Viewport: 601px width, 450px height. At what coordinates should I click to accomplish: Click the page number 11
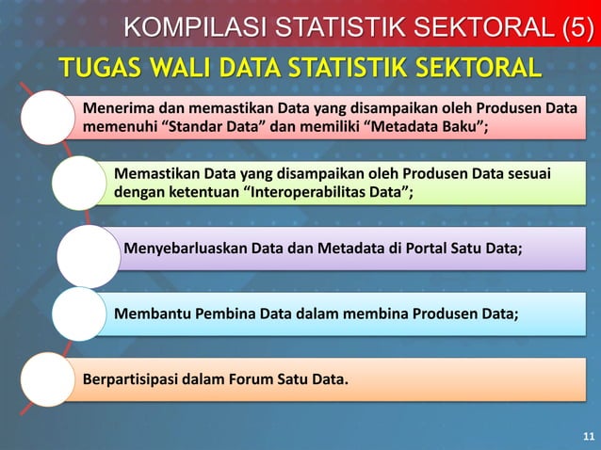(589, 437)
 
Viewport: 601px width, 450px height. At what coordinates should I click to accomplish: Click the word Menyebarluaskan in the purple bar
(185, 249)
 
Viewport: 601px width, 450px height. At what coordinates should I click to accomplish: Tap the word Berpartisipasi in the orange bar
(131, 380)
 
